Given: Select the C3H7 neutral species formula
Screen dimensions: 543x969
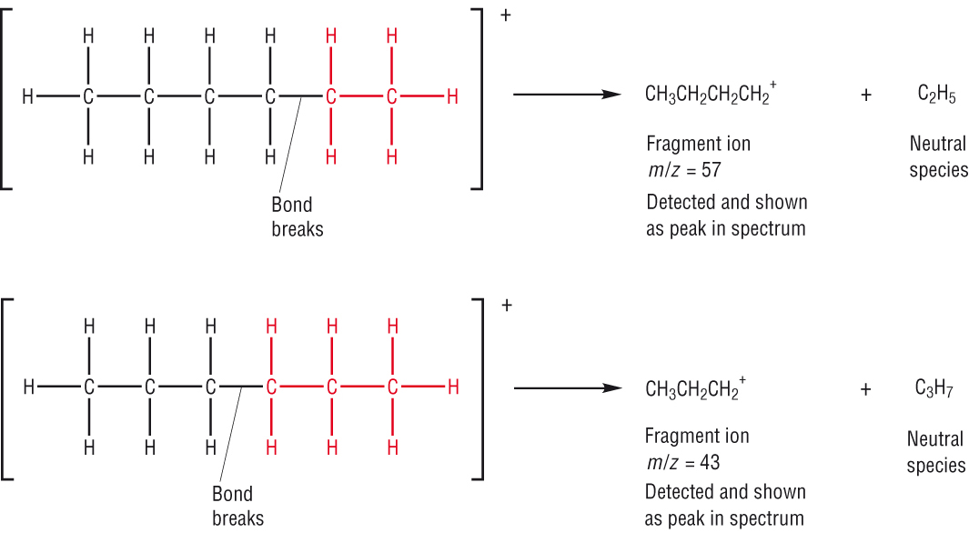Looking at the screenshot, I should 934,389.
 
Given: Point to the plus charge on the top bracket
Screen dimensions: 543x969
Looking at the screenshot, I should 506,15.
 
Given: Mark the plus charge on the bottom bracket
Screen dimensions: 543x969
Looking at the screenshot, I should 506,305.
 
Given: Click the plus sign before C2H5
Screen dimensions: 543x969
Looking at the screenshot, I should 865,95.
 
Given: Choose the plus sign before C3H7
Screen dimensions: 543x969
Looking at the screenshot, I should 865,389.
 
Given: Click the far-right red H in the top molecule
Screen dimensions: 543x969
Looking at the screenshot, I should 452,96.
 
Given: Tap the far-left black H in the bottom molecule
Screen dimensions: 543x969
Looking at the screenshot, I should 28,387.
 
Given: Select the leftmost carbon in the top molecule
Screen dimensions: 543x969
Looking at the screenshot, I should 88,96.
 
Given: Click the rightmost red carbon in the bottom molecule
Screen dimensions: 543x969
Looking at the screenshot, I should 392,387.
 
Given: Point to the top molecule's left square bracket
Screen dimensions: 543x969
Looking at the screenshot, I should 7,95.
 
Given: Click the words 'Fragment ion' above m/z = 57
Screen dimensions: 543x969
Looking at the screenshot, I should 698,144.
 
